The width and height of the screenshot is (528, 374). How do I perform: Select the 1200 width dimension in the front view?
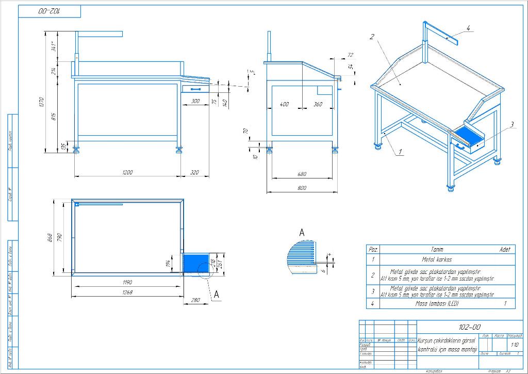[127, 172]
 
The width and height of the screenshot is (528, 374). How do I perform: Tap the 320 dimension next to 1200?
[194, 172]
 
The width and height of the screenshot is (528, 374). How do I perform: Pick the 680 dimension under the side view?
[302, 174]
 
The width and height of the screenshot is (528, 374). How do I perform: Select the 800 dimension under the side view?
[302, 188]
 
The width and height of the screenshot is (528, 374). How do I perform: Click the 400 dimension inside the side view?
[284, 104]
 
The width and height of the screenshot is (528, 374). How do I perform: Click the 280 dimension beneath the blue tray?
[195, 300]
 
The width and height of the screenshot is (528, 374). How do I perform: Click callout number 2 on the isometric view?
[371, 36]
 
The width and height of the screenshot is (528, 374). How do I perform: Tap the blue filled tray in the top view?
[196, 263]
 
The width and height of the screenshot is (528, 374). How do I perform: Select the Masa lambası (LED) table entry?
[437, 304]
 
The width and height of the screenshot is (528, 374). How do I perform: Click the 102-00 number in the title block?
[469, 327]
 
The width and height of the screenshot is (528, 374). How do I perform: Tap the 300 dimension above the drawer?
[195, 101]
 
